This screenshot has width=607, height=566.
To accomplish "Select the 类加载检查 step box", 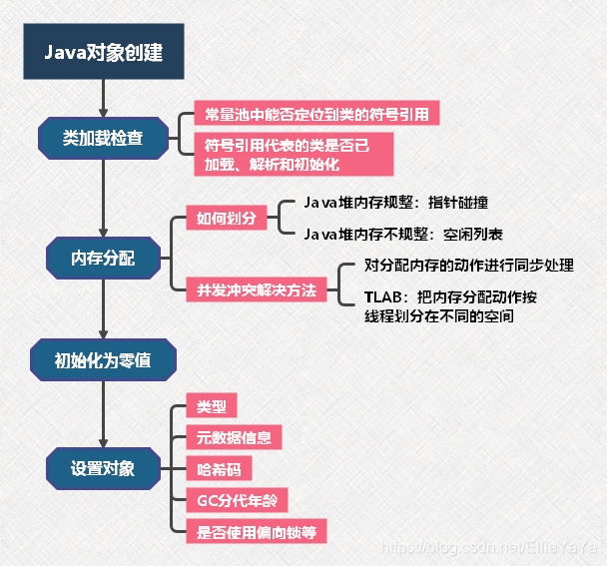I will [103, 137].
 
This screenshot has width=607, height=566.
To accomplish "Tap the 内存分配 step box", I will [103, 258].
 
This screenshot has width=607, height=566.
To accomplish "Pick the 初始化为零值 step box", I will [103, 361].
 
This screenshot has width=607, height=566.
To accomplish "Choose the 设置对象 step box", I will [103, 467].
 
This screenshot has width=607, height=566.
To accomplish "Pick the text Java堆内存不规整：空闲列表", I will [402, 236].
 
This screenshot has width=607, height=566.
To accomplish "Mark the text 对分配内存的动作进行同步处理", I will [468, 267].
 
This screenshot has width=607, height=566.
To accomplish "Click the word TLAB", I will [383, 297].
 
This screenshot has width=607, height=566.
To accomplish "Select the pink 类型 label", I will [212, 406].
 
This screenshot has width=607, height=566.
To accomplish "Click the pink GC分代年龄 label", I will [237, 499].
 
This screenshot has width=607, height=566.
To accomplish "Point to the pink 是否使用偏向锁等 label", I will [256, 530].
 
